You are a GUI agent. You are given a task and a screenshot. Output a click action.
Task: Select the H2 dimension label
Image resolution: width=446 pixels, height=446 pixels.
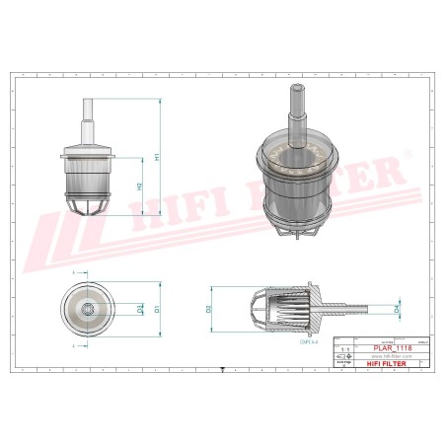[139, 186]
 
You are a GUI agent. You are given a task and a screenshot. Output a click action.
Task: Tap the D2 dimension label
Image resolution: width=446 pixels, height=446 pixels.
[209, 309]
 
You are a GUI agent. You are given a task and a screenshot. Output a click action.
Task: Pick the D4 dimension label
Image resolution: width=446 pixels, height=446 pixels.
[398, 309]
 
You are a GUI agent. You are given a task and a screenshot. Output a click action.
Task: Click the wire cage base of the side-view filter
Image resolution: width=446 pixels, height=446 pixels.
[90, 205]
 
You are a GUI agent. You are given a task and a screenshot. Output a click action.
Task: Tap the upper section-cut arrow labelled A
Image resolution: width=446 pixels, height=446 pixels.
[75, 271]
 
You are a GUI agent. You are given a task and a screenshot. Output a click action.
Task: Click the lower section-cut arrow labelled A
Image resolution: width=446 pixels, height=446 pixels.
[75, 346]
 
